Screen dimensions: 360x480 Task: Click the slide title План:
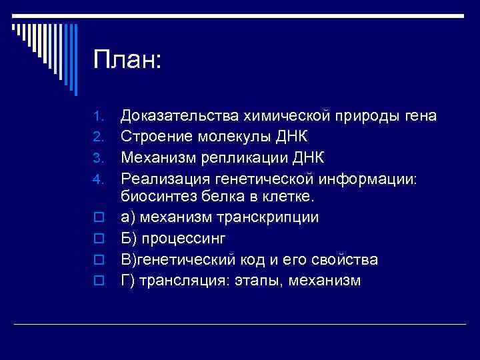(127, 61)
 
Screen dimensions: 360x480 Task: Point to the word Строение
(156, 137)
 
